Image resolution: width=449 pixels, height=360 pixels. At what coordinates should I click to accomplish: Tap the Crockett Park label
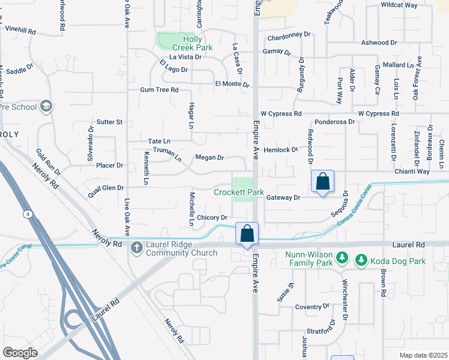click(239, 192)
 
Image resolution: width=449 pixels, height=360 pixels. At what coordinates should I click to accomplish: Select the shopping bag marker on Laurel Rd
click(247, 233)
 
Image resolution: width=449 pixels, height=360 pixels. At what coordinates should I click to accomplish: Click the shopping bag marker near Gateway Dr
click(322, 182)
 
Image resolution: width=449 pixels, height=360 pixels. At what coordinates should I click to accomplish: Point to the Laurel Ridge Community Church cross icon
click(136, 247)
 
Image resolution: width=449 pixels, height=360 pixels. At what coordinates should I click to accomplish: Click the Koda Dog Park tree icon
click(361, 260)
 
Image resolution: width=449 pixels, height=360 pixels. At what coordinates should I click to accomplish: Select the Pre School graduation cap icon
click(45, 107)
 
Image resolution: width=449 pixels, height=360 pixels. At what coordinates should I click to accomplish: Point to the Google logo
click(20, 353)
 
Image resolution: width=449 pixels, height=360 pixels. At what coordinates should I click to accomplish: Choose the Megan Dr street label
click(209, 158)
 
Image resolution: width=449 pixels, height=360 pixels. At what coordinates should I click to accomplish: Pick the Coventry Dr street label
click(312, 307)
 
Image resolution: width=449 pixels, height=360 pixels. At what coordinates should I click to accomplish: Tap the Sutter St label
click(110, 122)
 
